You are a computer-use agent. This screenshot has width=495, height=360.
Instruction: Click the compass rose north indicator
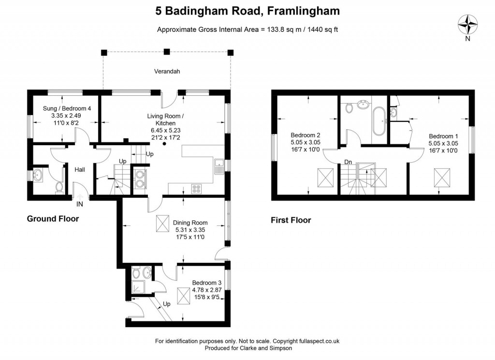tap(467, 25)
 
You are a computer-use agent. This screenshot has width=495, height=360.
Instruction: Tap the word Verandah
tap(167, 71)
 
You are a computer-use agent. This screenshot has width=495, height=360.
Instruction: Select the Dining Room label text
tap(190, 223)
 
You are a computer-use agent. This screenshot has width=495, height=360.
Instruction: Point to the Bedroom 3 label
tap(207, 283)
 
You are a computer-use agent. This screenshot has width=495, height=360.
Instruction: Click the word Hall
tap(80, 170)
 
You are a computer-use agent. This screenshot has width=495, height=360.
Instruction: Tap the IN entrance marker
tap(80, 204)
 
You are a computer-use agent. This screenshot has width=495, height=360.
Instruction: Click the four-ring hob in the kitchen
tap(197, 188)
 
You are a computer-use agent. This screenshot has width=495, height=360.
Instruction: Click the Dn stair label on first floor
tap(348, 162)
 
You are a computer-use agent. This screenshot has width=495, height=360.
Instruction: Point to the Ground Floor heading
tap(52, 219)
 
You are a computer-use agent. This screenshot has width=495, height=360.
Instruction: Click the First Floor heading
tap(291, 220)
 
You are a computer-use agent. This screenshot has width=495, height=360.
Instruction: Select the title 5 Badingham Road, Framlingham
tap(247, 11)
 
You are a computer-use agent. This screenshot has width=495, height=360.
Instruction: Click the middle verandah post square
tap(167, 52)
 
